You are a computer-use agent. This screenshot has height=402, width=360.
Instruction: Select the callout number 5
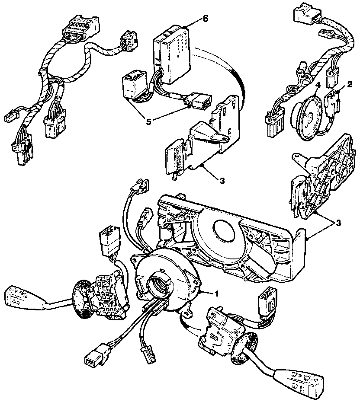pos(149,122)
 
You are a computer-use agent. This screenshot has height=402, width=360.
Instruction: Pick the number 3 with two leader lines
pos(338,223)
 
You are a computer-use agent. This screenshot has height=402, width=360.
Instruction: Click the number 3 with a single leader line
pos(222,180)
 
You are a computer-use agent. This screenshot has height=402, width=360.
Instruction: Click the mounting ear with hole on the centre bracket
pos(221,137)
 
